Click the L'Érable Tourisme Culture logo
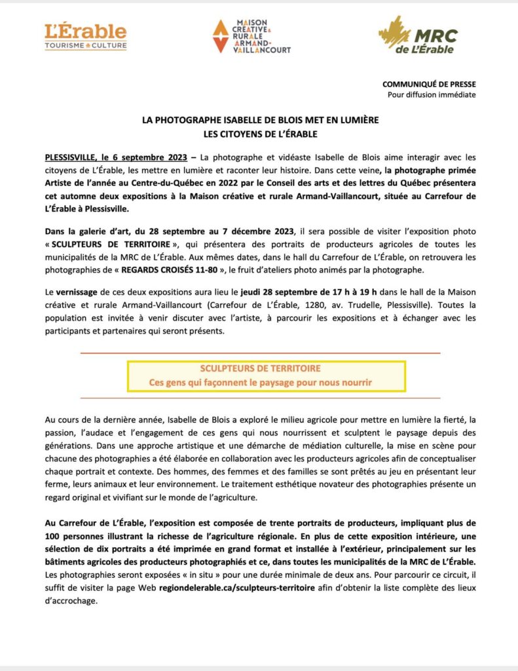click(x=85, y=37)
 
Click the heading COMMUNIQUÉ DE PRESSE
click(x=429, y=84)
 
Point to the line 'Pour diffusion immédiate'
click(x=432, y=94)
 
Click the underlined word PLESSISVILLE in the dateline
click(x=68, y=158)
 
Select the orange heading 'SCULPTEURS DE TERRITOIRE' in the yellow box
click(x=261, y=369)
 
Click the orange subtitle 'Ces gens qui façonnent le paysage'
click(x=261, y=381)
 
